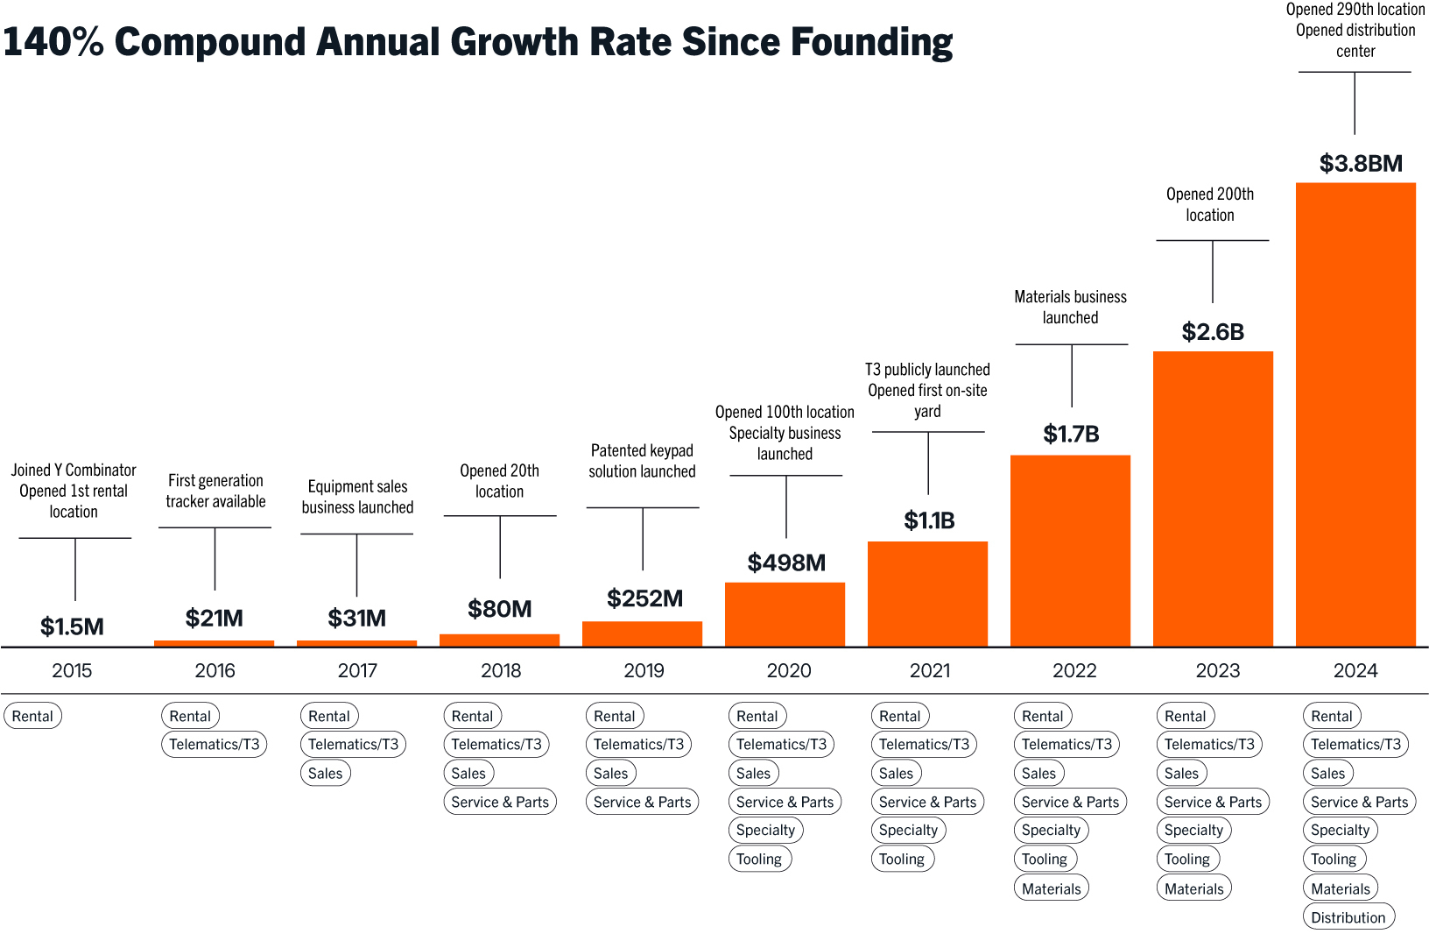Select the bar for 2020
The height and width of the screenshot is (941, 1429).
pos(785,614)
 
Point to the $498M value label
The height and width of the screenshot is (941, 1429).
pos(786,562)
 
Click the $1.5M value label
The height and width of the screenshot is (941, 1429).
pos(72,626)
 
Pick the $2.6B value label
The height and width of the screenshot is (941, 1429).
pos(1213,332)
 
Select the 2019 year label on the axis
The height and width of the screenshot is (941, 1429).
pos(644,670)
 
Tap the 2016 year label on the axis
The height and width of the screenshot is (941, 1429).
pos(215,670)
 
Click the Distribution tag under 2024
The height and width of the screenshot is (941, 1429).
pos(1348,917)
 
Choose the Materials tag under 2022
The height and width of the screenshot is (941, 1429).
pos(1051,888)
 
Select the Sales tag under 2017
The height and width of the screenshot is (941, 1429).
pos(325,773)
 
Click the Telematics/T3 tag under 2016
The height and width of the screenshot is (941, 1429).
pos(215,744)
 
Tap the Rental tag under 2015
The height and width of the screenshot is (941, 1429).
pos(32,716)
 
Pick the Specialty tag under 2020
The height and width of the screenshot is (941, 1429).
pos(765,830)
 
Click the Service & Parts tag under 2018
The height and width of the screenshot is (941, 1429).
pos(500,802)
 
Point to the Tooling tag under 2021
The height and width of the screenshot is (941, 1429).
pos(902,859)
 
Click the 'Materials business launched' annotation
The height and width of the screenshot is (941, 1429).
pos(1070,308)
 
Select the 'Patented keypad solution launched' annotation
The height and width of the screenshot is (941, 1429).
pos(642,461)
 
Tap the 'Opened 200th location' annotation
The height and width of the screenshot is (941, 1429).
pos(1210,204)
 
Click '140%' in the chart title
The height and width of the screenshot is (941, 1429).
pos(53,42)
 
